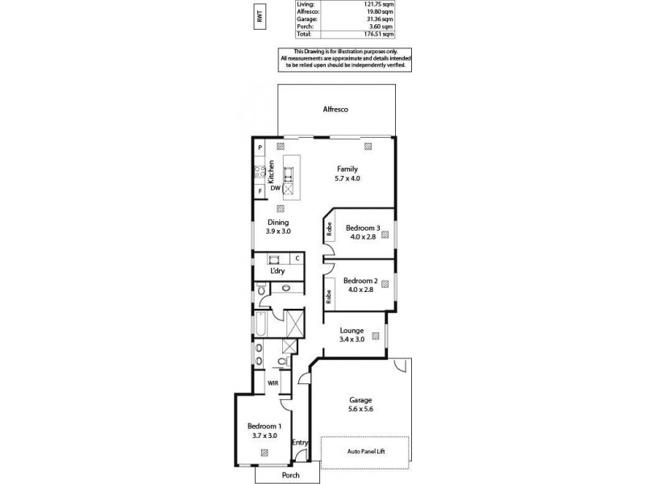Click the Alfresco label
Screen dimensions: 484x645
(x=335, y=109)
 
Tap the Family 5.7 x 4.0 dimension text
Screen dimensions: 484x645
(x=347, y=178)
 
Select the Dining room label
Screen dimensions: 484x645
(x=277, y=223)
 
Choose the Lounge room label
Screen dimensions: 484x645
(x=352, y=331)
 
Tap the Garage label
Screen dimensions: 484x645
(x=360, y=400)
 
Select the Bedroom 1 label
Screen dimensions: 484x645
(x=264, y=426)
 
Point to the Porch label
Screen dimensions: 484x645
(x=290, y=475)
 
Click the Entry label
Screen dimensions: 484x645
(x=299, y=442)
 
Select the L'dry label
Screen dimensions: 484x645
(x=277, y=270)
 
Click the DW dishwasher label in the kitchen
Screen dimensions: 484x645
(x=275, y=188)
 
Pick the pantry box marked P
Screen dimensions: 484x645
(x=260, y=148)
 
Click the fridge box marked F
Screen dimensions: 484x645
(x=260, y=191)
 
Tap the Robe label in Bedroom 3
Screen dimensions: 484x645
(x=329, y=228)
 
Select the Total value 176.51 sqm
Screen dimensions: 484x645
(x=377, y=35)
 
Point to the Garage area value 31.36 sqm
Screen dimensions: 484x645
(x=378, y=19)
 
